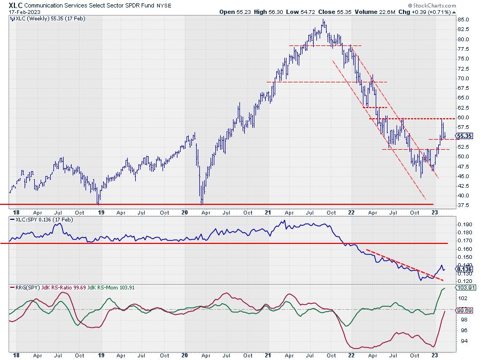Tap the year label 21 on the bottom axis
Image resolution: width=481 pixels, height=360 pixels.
pyautogui.click(x=268, y=354)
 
